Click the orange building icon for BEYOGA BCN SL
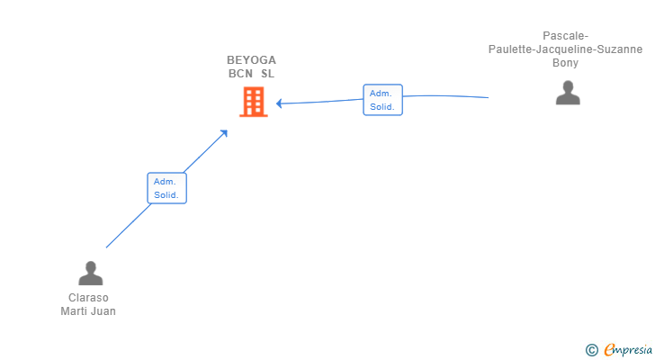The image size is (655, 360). pos(253,102)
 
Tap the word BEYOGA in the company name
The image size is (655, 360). pos(252,60)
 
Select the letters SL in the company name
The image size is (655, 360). pos(268,74)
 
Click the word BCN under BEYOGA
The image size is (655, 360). pos(240,74)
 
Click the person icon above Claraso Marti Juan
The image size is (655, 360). pos(90,273)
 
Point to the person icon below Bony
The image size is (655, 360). pos(568,93)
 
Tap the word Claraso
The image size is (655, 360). pos(88,298)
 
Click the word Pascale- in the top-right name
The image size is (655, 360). pos(566,36)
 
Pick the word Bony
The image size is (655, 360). pos(566,63)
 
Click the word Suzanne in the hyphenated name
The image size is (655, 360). pos(620,49)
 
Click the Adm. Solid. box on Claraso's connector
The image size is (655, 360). pos(166,188)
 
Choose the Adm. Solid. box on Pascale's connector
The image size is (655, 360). pos(382,100)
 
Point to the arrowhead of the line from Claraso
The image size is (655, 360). pos(224,133)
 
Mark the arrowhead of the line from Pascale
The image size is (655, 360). pos(279,103)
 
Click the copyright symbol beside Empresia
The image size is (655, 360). pos(591,350)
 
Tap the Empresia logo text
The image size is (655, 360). pos(628,350)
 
